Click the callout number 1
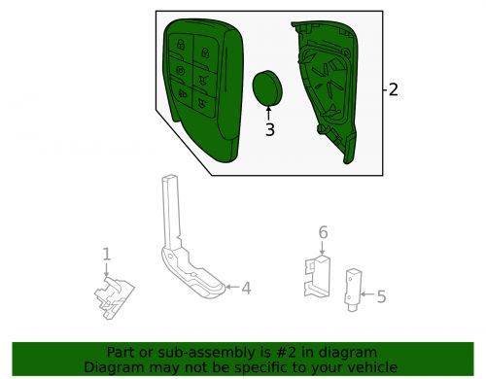pos(107,255)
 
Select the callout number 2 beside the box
pos(393,89)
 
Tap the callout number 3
pos(270,129)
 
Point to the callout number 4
pos(246,288)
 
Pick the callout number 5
pos(381,296)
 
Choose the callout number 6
pos(323,232)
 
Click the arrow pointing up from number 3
pos(268,114)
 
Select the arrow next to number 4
pos(232,287)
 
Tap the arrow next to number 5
pos(367,294)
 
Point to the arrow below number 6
pos(322,248)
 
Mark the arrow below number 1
pos(106,270)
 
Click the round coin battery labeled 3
pos(267,88)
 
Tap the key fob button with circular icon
pos(181,71)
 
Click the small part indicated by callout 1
pos(115,297)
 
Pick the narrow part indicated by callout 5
pos(353,291)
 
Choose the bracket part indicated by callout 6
pos(317,276)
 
